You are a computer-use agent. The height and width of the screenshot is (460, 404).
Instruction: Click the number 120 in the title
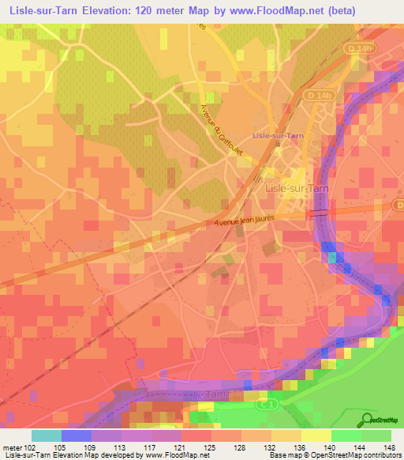(x=133, y=11)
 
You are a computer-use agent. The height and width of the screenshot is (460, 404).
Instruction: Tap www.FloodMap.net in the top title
(x=267, y=11)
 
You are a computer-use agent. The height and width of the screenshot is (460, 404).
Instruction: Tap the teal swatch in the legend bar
(x=46, y=435)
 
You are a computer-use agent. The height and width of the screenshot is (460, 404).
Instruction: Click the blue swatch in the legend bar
(x=77, y=435)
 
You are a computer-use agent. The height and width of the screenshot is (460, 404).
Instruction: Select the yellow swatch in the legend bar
(x=316, y=435)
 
